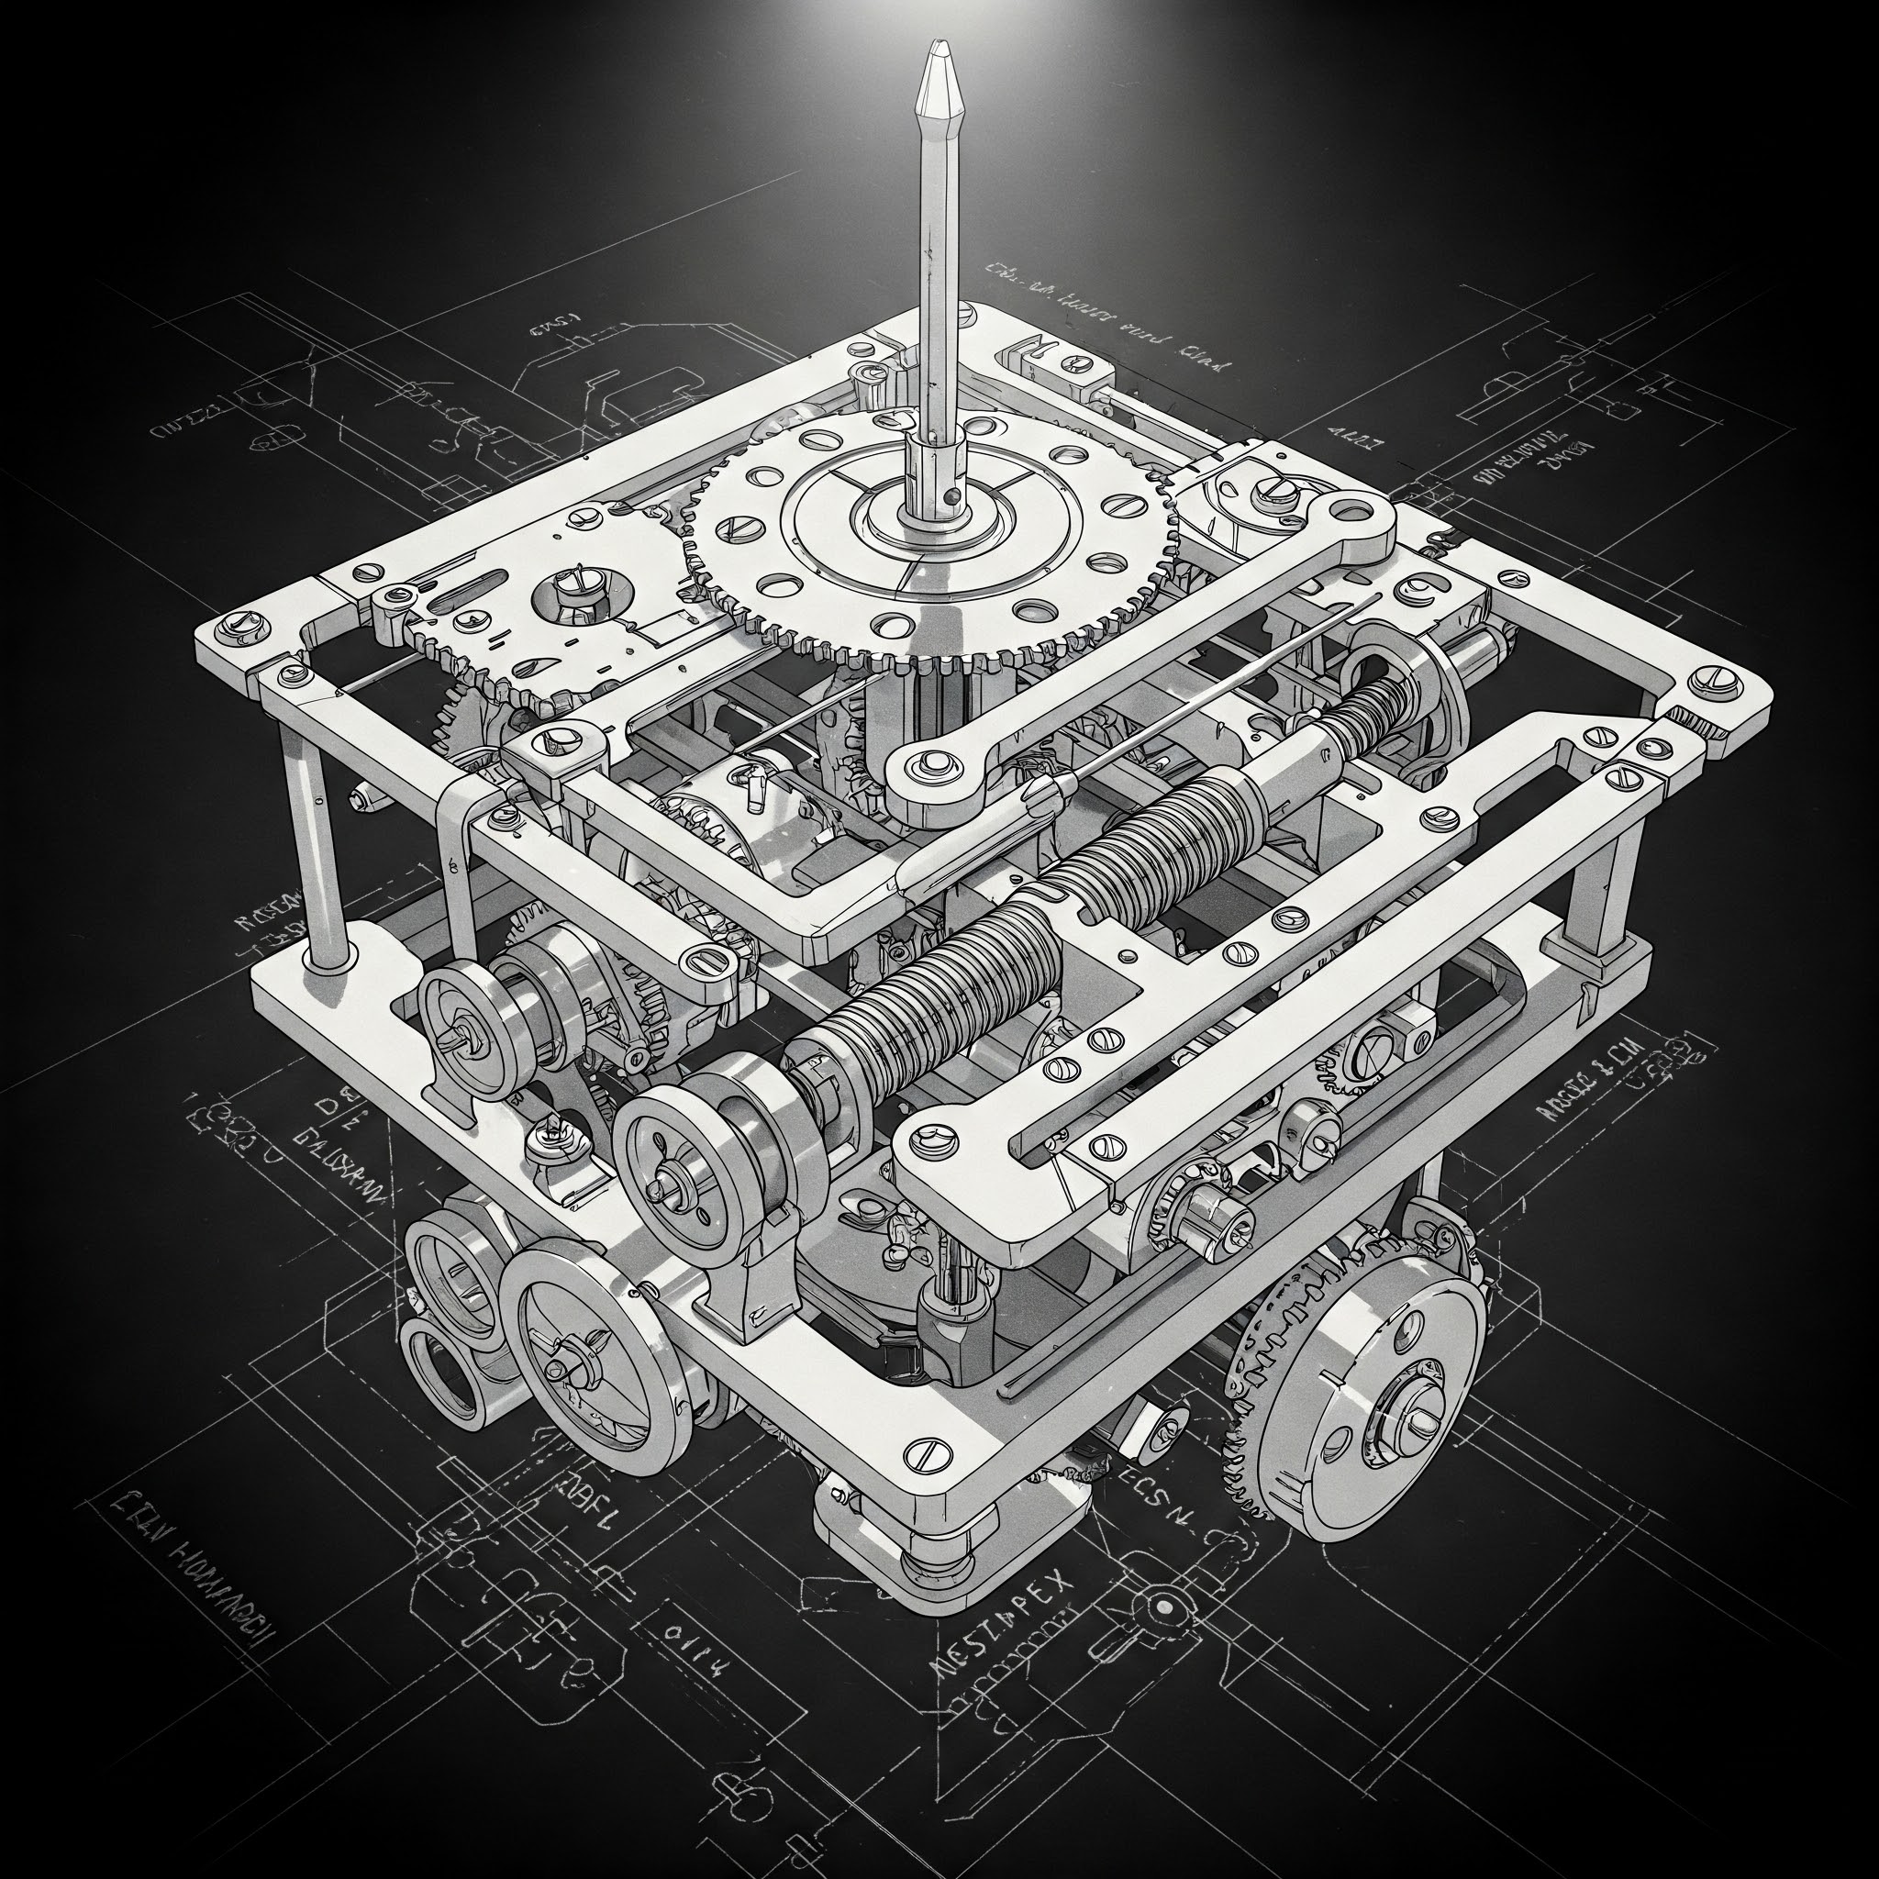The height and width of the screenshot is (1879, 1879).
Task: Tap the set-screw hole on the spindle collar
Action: [957, 495]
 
